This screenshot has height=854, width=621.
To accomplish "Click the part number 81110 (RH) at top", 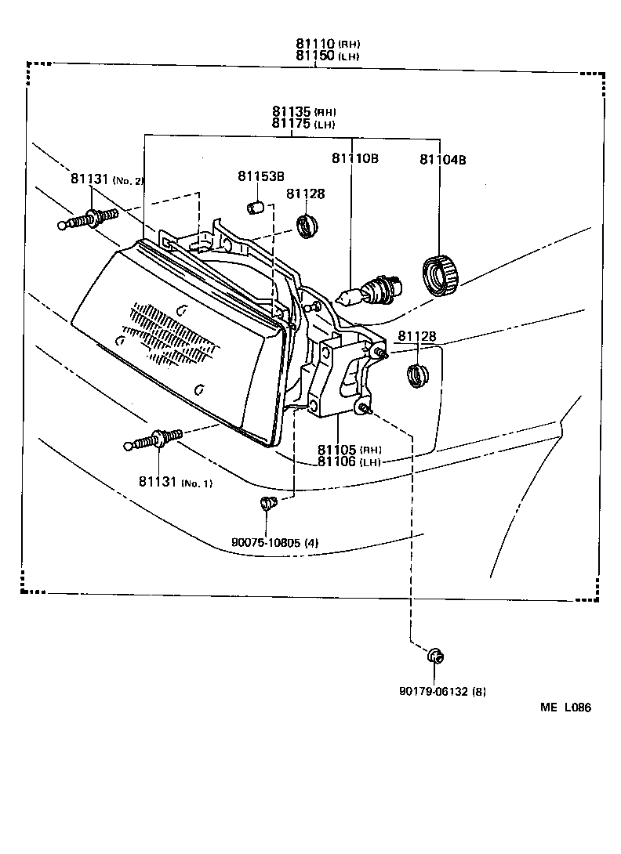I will pos(327,45).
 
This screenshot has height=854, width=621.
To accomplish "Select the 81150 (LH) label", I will pos(327,56).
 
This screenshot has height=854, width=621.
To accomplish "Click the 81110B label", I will pos(354,159).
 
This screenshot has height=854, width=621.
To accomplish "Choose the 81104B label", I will pos(442,159).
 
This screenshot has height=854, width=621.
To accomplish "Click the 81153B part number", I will pos(261,176).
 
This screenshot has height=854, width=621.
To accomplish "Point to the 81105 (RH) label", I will pos(349,450).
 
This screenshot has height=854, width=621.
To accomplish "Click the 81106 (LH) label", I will pos(349,461).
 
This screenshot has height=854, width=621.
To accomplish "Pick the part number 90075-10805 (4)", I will pos(274,541).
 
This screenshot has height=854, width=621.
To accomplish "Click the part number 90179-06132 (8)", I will pos(442,692).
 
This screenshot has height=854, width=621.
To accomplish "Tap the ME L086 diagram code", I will pos(565,707).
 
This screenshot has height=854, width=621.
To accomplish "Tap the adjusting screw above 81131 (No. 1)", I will pos(155,441).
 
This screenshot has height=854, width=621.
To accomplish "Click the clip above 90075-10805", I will pos(268,503).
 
